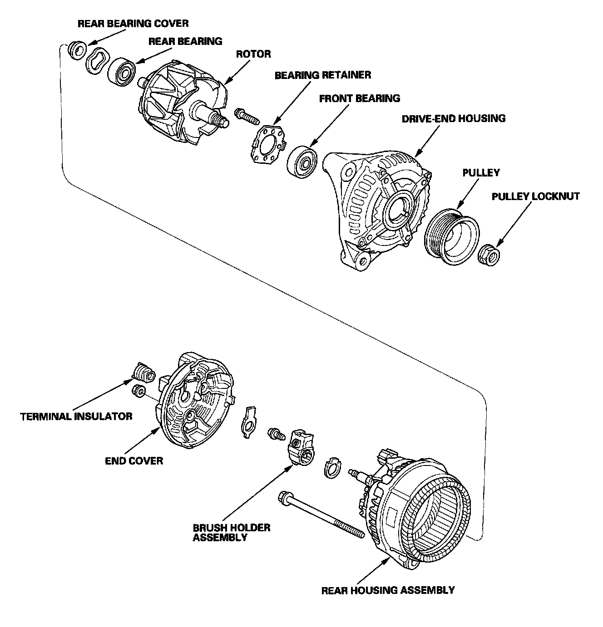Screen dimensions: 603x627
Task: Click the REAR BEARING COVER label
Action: pos(133,24)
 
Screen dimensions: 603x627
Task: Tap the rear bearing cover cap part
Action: pos(77,50)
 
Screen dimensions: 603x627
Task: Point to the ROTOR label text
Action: pos(253,54)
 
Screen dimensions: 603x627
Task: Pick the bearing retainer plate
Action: pos(268,145)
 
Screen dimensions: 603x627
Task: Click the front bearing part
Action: pos(302,162)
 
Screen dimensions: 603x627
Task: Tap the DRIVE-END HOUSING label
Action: pos(453,118)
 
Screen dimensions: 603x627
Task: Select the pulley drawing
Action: pos(451,237)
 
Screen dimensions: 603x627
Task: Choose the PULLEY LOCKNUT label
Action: pos(535,196)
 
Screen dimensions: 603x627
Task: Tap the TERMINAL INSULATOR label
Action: pos(76,416)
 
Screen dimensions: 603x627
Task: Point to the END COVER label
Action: pos(134,460)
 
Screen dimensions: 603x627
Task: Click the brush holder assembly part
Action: pos(301,447)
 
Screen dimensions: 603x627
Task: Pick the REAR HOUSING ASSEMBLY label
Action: pos(388,590)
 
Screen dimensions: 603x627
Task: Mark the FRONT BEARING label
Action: pos(360,98)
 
